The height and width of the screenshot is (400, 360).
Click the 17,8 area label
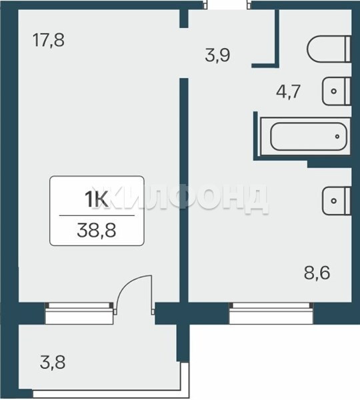pos(49,40)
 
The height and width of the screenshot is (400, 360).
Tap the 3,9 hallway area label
pos(217,55)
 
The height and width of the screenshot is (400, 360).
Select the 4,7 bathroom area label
pos(287,92)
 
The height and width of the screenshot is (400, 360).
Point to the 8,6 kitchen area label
pos(317,273)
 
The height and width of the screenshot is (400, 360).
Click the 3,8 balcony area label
pos(53,363)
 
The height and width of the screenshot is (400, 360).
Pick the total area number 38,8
pos(97,231)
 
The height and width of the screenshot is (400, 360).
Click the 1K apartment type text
pos(97,200)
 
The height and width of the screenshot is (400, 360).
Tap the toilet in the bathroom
pos(329,49)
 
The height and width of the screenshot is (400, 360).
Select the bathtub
pos(305,137)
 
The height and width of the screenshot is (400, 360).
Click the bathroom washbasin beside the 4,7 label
pos(336,91)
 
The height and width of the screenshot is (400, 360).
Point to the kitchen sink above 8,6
pos(336,201)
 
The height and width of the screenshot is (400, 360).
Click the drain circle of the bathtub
pos(337,137)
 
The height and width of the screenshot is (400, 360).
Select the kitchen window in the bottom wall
pos(271,313)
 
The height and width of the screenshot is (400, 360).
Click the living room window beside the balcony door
pos(79,313)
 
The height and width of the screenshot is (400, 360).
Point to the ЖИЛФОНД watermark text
pos(180,199)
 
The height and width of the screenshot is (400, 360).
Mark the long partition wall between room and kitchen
pos(184,190)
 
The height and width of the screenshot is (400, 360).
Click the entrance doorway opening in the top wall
pos(228,5)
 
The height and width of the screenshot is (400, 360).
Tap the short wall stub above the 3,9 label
pos(184,19)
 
